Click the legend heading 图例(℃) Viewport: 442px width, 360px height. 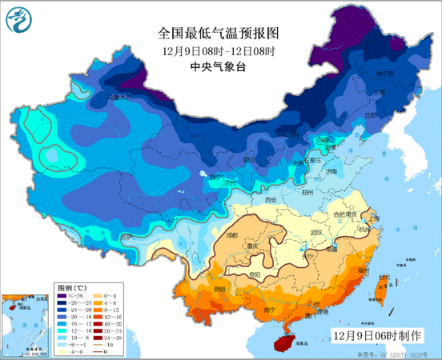coord(71,286)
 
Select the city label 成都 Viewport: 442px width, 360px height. coord(232,236)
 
